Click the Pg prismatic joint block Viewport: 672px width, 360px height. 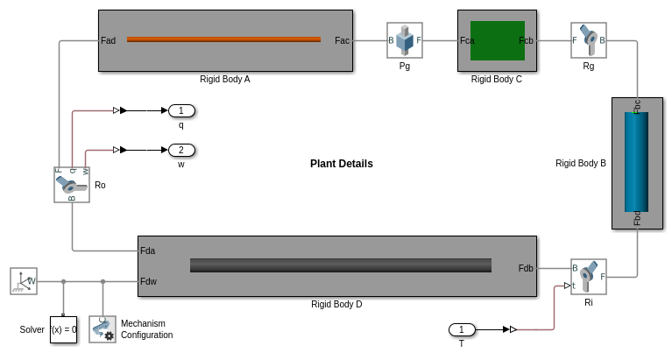pos(405,40)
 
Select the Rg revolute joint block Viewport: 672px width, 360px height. pos(588,40)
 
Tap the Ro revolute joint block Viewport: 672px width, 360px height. pos(72,185)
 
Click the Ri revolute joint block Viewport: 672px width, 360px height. pos(588,277)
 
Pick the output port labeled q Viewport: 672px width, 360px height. pos(181,110)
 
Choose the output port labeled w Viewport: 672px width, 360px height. pos(181,150)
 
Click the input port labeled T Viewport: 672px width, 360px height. pos(462,329)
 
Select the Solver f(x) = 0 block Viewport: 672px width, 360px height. pos(63,329)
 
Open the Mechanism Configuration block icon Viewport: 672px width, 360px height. pos(103,329)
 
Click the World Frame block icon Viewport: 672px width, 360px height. pos(24,281)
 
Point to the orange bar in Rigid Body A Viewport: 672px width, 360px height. pos(223,39)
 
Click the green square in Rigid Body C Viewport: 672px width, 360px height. pos(498,40)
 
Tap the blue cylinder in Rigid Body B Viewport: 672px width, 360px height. pos(636,162)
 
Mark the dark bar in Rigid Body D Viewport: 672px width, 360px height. pos(340,265)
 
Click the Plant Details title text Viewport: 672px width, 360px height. pos(342,164)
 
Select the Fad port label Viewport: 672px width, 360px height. pos(109,40)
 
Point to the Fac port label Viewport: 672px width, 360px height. pos(343,40)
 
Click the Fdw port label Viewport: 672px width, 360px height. pos(148,281)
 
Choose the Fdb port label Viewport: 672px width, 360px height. pos(526,268)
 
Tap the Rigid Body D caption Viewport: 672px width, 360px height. pos(336,305)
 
